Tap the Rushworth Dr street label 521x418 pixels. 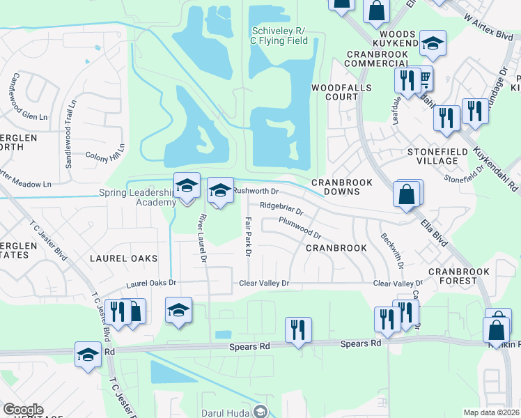pyautogui.click(x=256, y=190)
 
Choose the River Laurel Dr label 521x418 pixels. pyautogui.click(x=202, y=238)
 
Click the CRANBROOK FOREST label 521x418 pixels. pyautogui.click(x=459, y=277)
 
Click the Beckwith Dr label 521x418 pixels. pyautogui.click(x=391, y=249)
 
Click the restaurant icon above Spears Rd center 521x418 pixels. pyautogui.click(x=298, y=329)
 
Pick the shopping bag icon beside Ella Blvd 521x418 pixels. pyautogui.click(x=407, y=194)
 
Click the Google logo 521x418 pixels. pyautogui.click(x=23, y=410)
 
